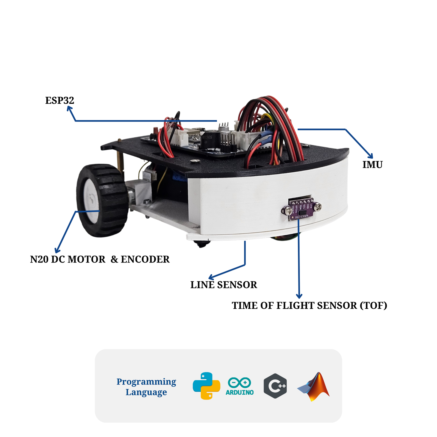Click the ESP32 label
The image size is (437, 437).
pos(60,101)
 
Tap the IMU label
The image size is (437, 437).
pos(372,165)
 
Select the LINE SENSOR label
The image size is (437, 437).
pos(224,285)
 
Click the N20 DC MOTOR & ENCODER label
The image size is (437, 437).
pos(100,259)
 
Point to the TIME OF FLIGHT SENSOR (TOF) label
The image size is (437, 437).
pos(309,306)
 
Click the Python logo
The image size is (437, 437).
pos(206,386)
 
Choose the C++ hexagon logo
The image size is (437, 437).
pos(275,386)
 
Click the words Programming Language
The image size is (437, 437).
pos(146,387)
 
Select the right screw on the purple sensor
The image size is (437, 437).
pos(317,207)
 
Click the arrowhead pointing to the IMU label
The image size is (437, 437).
pos(370,156)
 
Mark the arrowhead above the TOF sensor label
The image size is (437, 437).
pos(299,296)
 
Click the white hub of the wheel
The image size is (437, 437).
pos(91,201)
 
